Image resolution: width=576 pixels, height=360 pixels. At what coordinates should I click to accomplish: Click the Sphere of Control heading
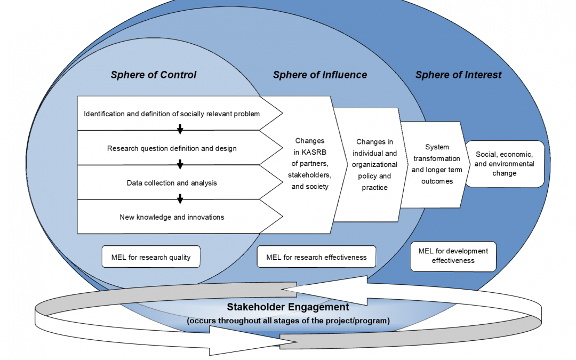(x=154, y=75)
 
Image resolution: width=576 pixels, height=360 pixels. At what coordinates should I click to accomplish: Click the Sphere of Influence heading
(x=320, y=75)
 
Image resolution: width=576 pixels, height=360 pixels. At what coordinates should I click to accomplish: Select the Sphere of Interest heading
(x=459, y=75)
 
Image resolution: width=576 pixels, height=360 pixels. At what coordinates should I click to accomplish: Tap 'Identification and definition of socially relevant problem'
(x=172, y=114)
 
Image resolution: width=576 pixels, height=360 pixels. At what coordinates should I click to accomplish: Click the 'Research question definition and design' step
(x=172, y=148)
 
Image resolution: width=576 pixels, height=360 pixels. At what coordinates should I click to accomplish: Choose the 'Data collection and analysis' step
(x=172, y=183)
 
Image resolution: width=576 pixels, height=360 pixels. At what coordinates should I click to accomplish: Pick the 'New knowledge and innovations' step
(x=172, y=217)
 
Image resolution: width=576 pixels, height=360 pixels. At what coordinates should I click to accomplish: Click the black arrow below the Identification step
(x=180, y=130)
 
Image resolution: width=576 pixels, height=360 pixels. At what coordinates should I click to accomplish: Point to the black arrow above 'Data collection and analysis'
(x=180, y=164)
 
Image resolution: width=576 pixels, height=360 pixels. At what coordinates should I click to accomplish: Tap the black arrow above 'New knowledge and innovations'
(x=180, y=198)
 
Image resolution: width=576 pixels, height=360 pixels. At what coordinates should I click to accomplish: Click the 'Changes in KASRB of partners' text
(x=309, y=164)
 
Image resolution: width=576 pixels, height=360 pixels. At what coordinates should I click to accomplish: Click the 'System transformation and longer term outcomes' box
(x=436, y=164)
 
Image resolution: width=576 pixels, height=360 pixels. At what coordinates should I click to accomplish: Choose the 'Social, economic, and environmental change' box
(x=505, y=164)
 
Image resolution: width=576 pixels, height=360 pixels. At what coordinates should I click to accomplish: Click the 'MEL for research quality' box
(x=151, y=257)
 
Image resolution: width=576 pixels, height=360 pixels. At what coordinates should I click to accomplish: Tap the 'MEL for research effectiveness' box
(x=316, y=257)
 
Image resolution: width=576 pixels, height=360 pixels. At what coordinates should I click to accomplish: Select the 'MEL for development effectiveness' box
(x=453, y=256)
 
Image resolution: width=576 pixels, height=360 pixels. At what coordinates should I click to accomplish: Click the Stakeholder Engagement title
(x=288, y=307)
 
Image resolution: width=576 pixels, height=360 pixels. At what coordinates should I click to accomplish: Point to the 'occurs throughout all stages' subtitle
(x=288, y=321)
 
